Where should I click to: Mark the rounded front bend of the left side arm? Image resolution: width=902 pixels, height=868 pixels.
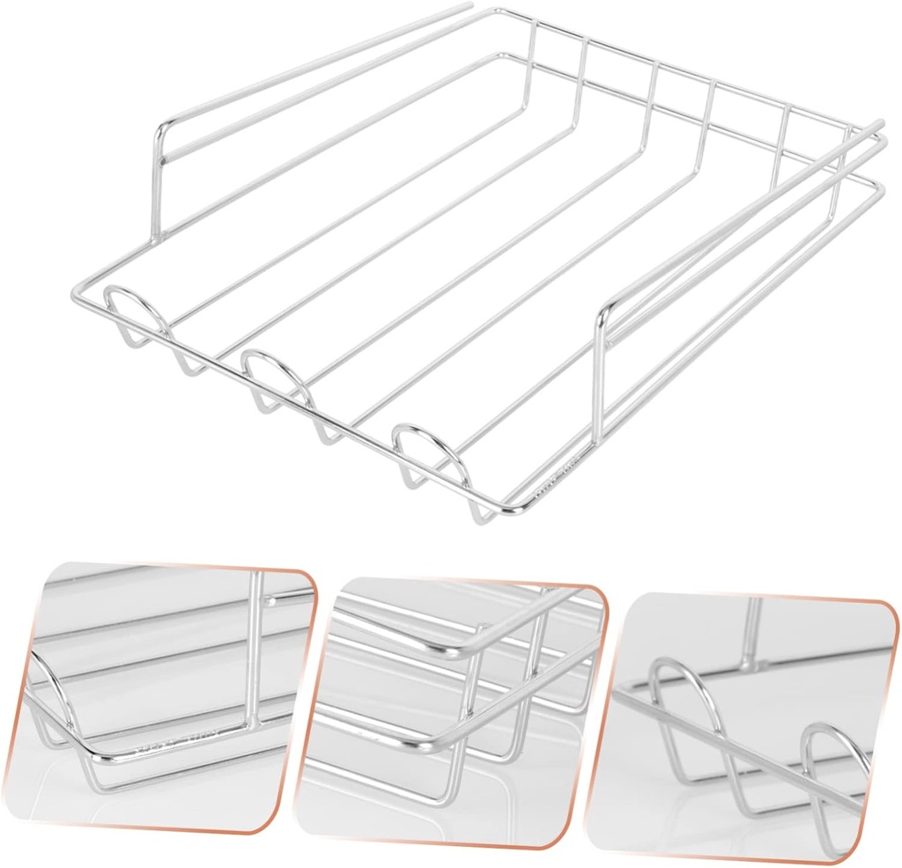pyautogui.click(x=164, y=132)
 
